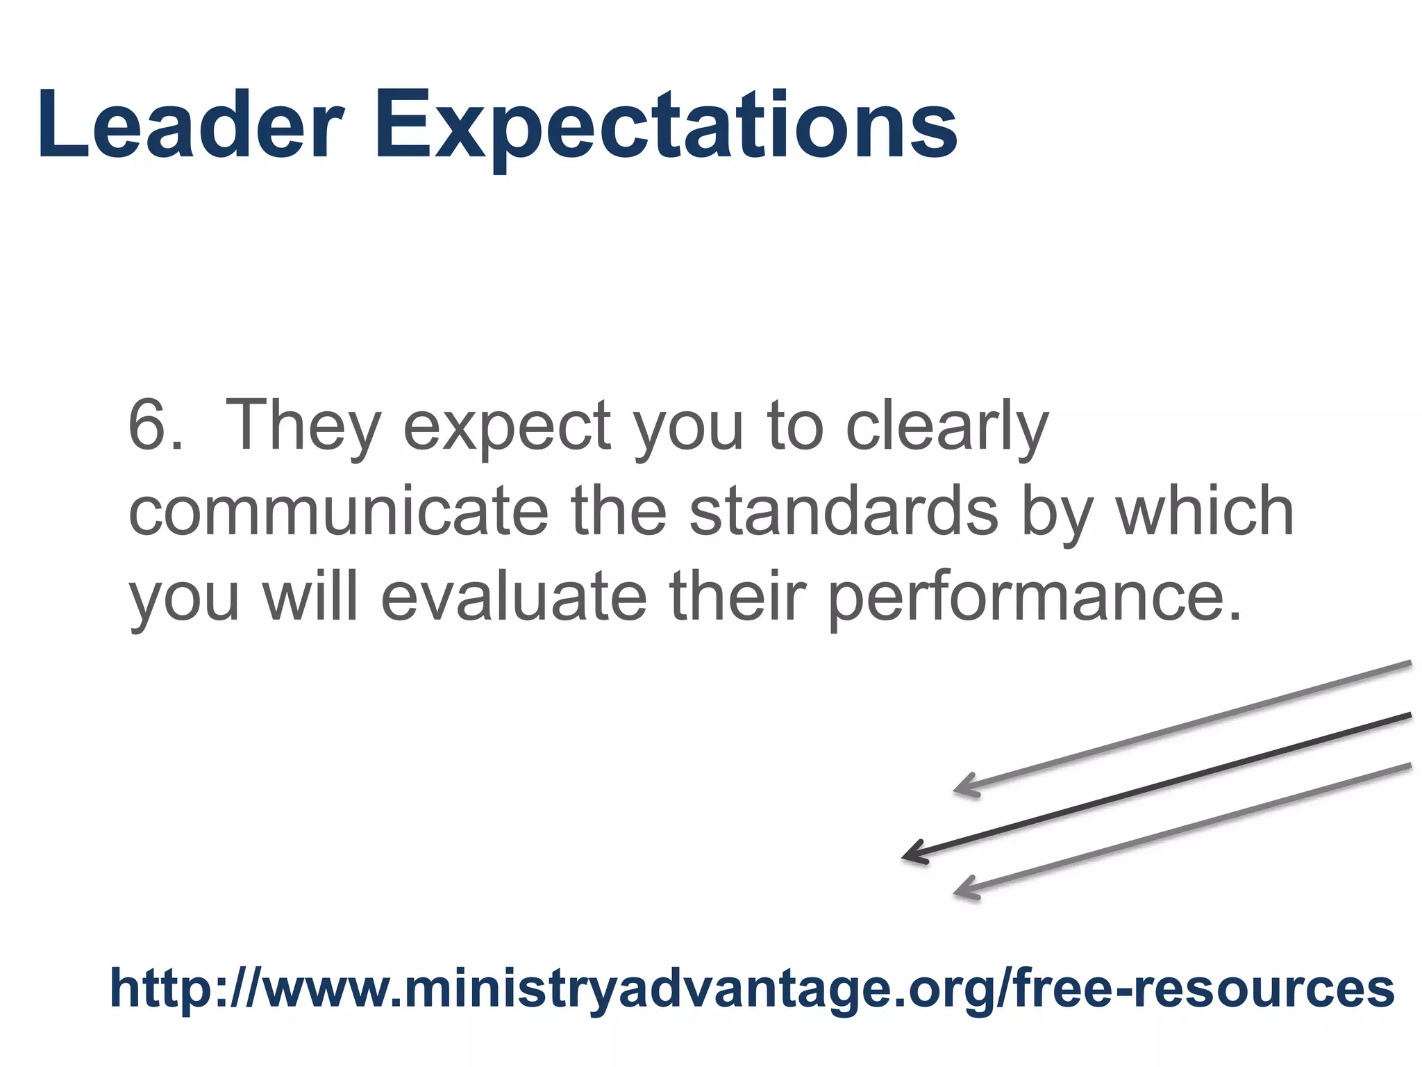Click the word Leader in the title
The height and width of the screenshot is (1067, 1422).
(x=190, y=125)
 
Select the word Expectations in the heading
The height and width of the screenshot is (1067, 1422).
(x=666, y=129)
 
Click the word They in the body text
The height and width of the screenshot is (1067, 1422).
(x=303, y=425)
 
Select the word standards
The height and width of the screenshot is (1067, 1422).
(x=844, y=512)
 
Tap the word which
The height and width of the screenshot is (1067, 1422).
(x=1205, y=512)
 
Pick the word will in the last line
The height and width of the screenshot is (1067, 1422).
(x=310, y=597)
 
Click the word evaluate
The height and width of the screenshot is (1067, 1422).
(x=514, y=597)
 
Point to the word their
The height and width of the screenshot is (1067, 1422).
(x=737, y=597)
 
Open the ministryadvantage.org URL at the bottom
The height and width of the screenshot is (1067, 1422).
(x=752, y=989)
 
